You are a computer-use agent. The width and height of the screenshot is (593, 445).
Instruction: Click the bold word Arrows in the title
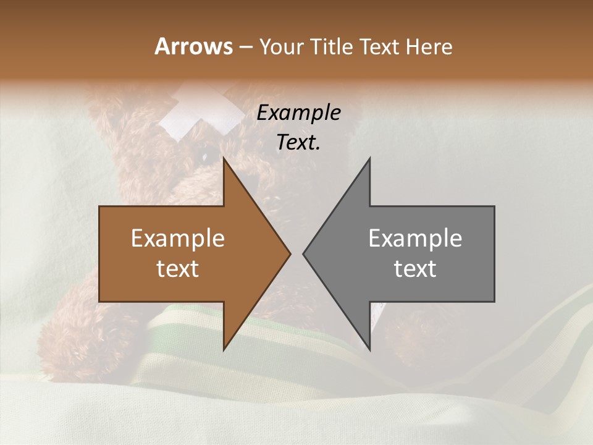pos(193,46)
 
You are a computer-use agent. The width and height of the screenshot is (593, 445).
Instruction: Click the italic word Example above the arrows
pos(298,112)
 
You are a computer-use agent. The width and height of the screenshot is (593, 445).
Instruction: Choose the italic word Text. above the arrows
pos(298,142)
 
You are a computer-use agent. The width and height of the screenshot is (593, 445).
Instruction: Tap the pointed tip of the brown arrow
pos(289,254)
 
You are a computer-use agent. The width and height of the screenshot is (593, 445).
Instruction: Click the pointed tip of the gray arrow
pos(304,254)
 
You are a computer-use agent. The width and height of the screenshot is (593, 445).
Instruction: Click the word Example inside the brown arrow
pos(178,239)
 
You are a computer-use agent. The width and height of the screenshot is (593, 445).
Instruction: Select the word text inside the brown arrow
pos(178,269)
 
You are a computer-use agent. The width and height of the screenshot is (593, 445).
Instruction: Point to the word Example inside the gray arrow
pos(415,239)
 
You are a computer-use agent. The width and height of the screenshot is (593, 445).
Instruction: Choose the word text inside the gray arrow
pos(415,269)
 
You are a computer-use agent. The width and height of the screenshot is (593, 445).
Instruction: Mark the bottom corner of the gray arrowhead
pos(369,350)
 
